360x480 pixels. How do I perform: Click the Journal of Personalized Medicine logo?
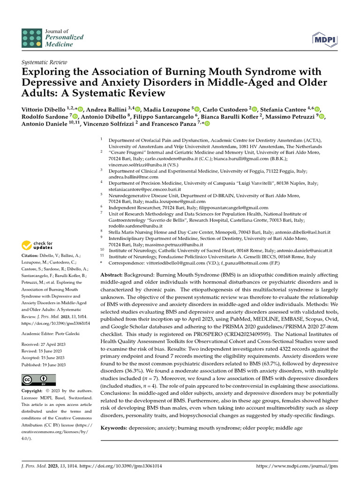click(52, 37)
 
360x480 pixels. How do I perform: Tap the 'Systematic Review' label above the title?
click(45, 62)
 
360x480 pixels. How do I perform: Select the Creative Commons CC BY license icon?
click(39, 379)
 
